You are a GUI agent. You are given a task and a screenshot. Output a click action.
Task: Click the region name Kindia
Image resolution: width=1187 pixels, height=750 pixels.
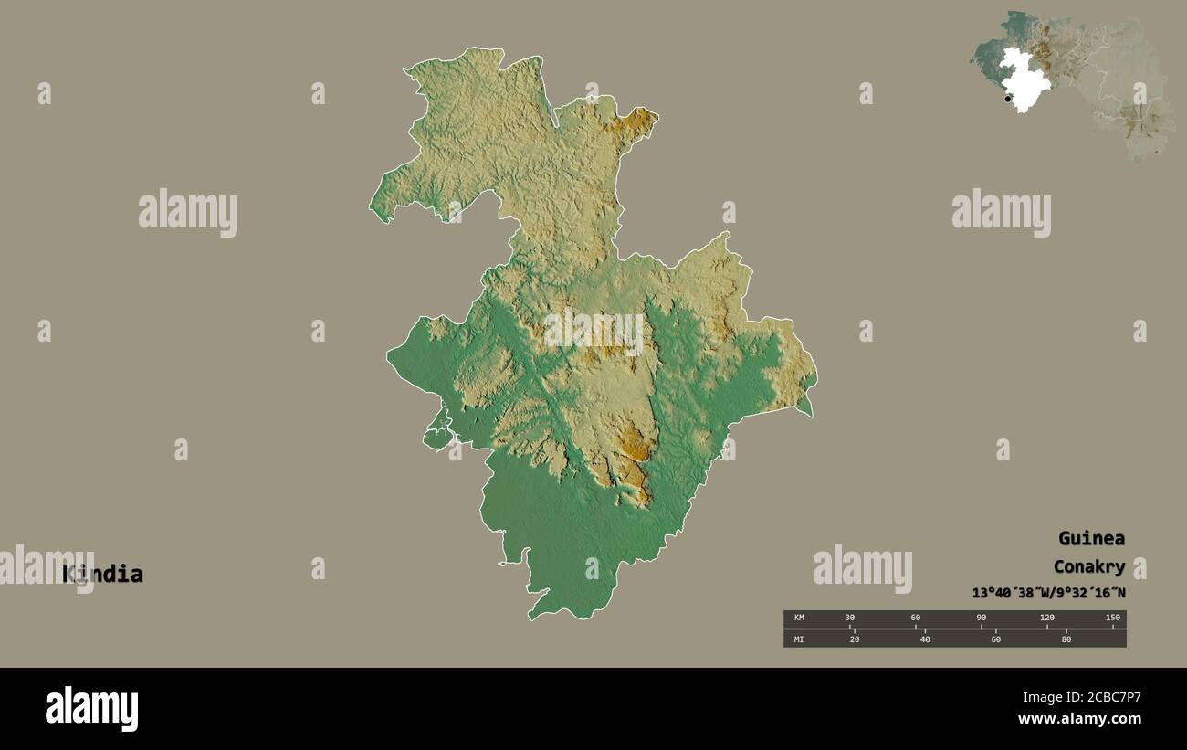pyautogui.click(x=102, y=575)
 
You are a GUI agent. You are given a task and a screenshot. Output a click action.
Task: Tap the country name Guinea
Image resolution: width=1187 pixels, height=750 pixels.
pyautogui.click(x=1091, y=538)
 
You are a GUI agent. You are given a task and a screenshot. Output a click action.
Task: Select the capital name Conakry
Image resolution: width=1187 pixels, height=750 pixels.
pyautogui.click(x=1088, y=566)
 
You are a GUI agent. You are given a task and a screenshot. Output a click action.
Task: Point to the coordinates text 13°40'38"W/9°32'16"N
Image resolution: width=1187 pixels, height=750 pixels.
pyautogui.click(x=1048, y=593)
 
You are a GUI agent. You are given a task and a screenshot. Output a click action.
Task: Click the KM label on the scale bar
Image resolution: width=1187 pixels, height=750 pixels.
pyautogui.click(x=798, y=618)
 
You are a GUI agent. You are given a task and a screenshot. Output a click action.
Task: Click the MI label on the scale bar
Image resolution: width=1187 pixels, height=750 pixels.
pyautogui.click(x=798, y=639)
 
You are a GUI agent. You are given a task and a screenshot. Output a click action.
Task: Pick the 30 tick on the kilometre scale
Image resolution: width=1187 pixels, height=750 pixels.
pyautogui.click(x=850, y=618)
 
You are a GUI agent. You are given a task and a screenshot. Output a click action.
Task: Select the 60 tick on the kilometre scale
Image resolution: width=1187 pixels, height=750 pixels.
pyautogui.click(x=916, y=618)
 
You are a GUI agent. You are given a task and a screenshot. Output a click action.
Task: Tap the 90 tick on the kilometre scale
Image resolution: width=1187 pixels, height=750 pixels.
pyautogui.click(x=982, y=618)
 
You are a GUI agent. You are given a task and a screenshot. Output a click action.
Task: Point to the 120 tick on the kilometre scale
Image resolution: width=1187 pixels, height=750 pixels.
pyautogui.click(x=1047, y=618)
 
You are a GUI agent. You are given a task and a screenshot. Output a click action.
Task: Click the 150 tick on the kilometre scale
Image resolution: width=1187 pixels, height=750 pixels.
pyautogui.click(x=1112, y=618)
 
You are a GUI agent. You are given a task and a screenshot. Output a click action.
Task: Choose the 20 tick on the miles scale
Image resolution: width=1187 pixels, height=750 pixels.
pyautogui.click(x=855, y=639)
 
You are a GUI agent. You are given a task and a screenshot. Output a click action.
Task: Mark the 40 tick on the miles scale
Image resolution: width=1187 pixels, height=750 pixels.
pyautogui.click(x=925, y=639)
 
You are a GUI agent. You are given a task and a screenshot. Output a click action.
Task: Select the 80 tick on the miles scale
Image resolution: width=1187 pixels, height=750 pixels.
pyautogui.click(x=1066, y=639)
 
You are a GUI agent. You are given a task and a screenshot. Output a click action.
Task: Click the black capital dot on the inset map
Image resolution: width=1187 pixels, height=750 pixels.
pyautogui.click(x=1008, y=99)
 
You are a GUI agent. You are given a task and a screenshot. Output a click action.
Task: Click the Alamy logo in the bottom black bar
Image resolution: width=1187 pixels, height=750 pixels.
pyautogui.click(x=91, y=709)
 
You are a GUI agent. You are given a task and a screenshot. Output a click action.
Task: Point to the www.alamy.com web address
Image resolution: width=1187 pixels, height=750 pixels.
pyautogui.click(x=1079, y=720)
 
